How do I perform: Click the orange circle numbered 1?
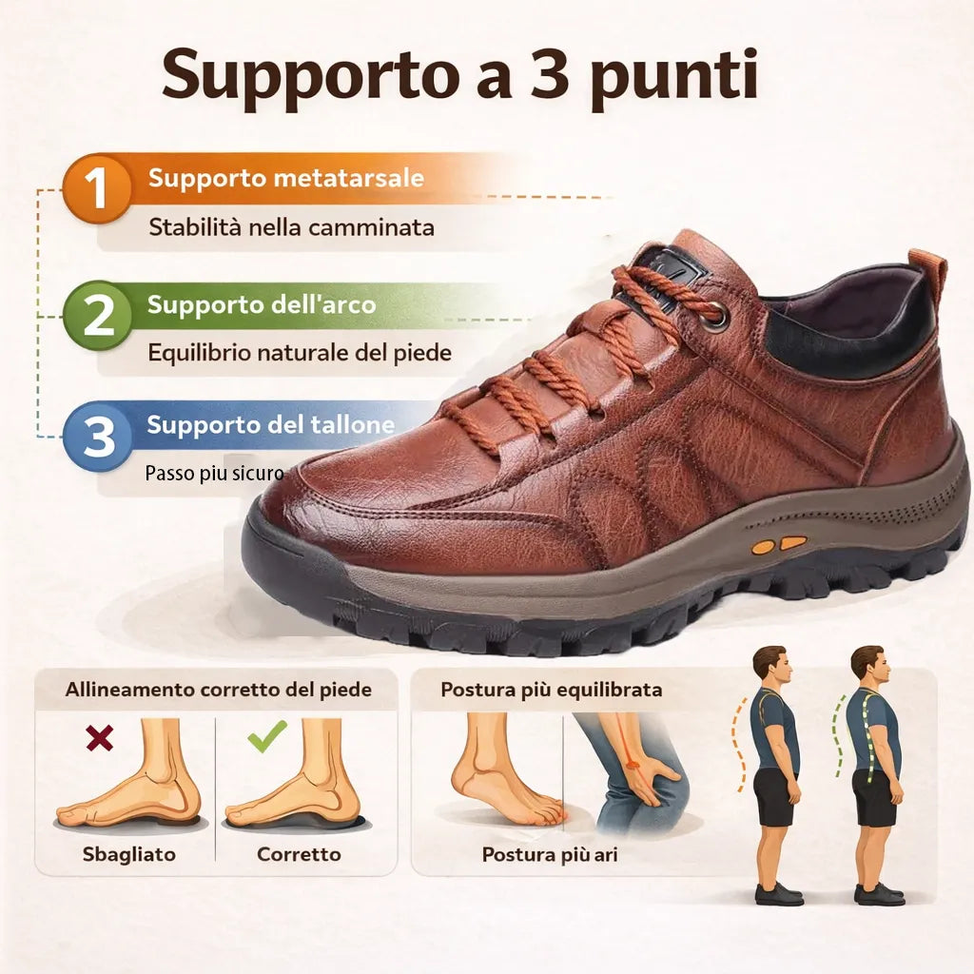click(x=98, y=189)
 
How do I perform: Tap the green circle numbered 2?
click(x=98, y=316)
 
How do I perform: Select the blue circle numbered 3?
click(x=98, y=436)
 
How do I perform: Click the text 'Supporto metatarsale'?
click(x=285, y=178)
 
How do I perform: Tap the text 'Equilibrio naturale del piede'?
click(x=299, y=353)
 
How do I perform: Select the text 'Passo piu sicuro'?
click(x=214, y=473)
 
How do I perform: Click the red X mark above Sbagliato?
click(x=98, y=737)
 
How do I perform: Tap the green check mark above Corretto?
click(x=267, y=736)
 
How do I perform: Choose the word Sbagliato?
click(x=129, y=854)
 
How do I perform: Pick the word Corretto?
click(x=299, y=854)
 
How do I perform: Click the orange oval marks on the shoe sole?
click(x=779, y=545)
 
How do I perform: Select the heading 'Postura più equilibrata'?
click(x=551, y=690)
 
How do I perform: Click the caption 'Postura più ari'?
click(x=550, y=854)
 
